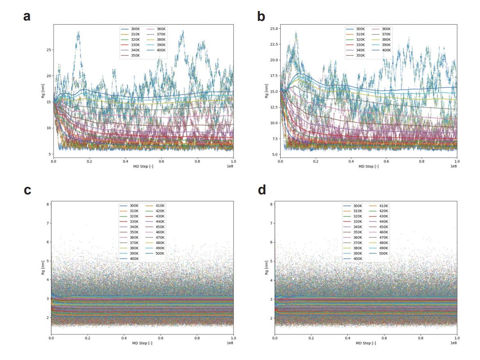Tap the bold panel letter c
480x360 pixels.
pos(27,190)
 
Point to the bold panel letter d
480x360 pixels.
pos(261,190)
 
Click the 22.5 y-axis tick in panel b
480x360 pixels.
pos(272,44)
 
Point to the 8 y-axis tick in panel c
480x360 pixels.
pos(48,204)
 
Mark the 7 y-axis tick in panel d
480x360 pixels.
pos(271,223)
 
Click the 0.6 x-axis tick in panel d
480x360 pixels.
pos(384,338)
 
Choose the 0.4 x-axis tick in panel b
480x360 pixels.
pos(351,162)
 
